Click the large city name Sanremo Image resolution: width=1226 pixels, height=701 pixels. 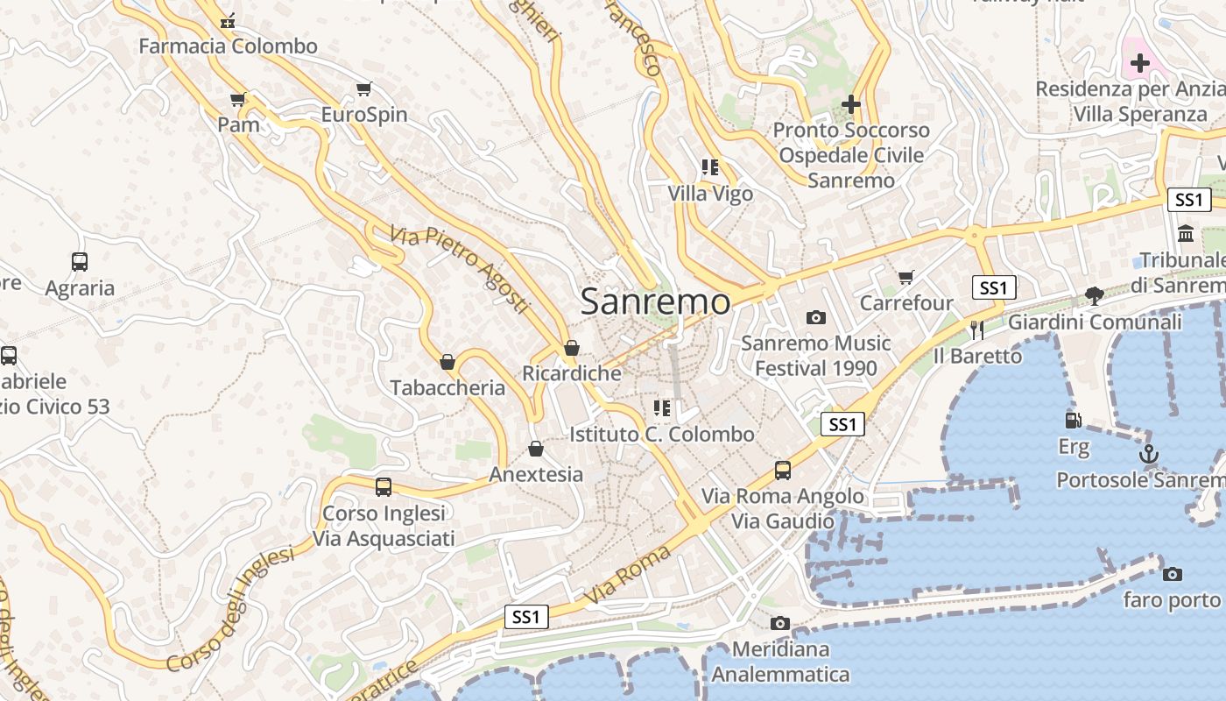point(655,301)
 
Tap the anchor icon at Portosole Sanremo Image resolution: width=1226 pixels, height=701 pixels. point(1147,454)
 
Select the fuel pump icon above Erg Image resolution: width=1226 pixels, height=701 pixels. point(1073,420)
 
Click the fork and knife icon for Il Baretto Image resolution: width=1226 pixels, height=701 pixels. point(977,329)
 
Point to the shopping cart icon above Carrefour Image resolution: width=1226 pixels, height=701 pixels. point(905,278)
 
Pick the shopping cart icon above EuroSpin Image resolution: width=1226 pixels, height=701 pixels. point(364,89)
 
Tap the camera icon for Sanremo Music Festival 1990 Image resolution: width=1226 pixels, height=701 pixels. point(816,317)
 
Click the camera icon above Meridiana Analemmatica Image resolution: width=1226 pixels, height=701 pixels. point(779,624)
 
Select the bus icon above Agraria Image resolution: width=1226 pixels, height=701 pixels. point(80,261)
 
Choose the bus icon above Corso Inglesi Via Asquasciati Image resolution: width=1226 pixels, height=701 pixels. point(384,487)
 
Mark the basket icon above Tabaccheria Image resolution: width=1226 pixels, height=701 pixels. point(447,362)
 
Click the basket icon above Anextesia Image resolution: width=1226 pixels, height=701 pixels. point(536,449)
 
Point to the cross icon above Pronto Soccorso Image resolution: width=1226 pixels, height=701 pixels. point(850,105)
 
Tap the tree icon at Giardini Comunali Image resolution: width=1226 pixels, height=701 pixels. point(1094,295)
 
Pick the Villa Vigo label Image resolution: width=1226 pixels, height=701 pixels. point(710,194)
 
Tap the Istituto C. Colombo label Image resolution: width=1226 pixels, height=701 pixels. point(661,434)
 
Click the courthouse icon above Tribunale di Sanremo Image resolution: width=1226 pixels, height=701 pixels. point(1187,234)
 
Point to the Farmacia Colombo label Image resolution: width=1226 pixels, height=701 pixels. point(228,46)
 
